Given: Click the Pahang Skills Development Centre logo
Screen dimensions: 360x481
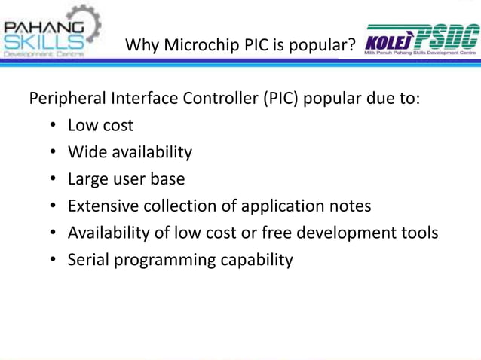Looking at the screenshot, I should point(52,32).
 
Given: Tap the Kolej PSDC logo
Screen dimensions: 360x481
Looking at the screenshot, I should point(421,41).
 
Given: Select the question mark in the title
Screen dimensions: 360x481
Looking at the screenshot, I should point(351,45).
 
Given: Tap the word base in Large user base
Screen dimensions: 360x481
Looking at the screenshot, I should point(167,179).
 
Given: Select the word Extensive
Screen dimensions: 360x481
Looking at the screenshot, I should point(103,206).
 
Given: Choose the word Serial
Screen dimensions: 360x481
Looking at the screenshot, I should point(88,260).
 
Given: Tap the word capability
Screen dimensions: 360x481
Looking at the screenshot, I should point(256,260).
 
